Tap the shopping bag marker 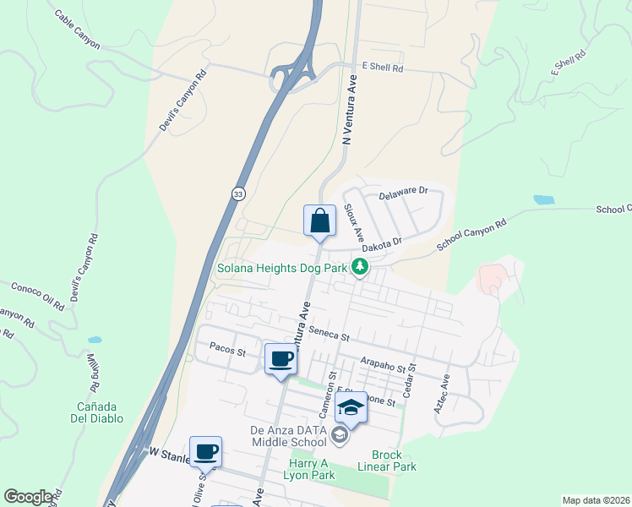(320, 221)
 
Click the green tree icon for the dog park (361, 268)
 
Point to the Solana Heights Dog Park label (282, 269)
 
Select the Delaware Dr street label (405, 194)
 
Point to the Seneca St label (330, 334)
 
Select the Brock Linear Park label (393, 461)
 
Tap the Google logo (28, 497)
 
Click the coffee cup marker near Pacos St (281, 359)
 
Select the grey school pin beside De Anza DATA (340, 436)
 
